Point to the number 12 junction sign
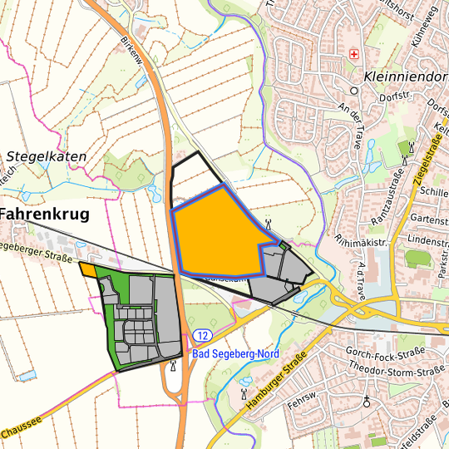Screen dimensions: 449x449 pyautogui.click(x=202, y=334)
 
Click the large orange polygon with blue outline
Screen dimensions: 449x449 pyautogui.click(x=216, y=237)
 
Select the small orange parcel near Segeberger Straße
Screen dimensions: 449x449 pyautogui.click(x=86, y=269)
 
